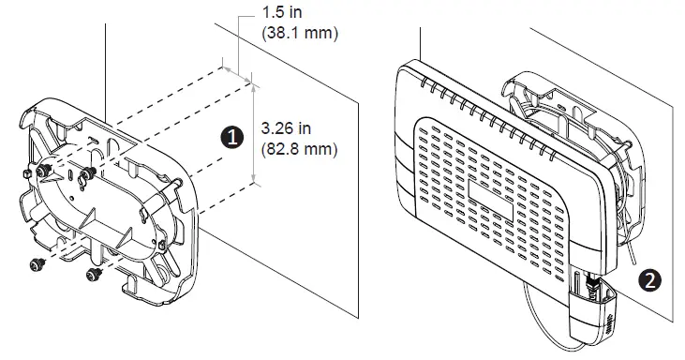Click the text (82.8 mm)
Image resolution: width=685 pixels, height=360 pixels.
(299, 149)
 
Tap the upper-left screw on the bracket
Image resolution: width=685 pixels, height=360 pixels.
(43, 171)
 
